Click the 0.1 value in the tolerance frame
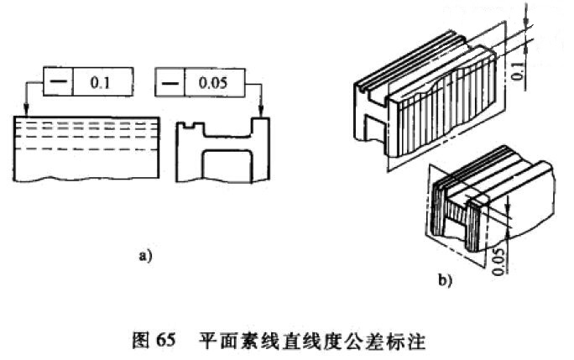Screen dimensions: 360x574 point(98,84)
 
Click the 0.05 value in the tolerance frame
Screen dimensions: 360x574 point(217,84)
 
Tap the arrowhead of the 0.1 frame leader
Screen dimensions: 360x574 point(28,115)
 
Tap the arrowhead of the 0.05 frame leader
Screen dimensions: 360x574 point(263,115)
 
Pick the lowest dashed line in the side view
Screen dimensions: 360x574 point(84,149)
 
